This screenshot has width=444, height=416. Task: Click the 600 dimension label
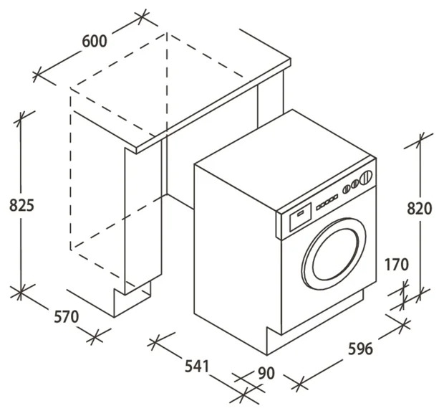(x=95, y=42)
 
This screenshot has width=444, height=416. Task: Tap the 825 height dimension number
(x=21, y=205)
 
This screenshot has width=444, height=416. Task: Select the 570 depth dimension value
(x=67, y=317)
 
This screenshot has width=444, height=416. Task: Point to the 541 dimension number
(x=197, y=366)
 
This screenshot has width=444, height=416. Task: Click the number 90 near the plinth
(x=266, y=373)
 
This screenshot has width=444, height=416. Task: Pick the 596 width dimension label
(x=360, y=349)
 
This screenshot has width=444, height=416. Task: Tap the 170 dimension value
(x=397, y=265)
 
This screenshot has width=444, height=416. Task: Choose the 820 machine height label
(x=420, y=209)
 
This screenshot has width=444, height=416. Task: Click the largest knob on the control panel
(x=365, y=178)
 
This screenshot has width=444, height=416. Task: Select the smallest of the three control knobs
(x=346, y=189)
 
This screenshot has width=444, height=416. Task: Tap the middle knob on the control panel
(x=354, y=184)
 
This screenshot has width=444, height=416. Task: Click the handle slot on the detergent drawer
(x=301, y=213)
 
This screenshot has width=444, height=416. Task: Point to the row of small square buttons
(x=327, y=202)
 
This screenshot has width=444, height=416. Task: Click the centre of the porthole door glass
(x=335, y=254)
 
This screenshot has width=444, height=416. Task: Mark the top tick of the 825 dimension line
(x=20, y=118)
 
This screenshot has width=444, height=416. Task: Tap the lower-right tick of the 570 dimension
(x=95, y=337)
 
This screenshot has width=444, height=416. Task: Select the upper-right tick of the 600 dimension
(x=143, y=18)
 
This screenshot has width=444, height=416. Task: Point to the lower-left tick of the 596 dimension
(x=300, y=384)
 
